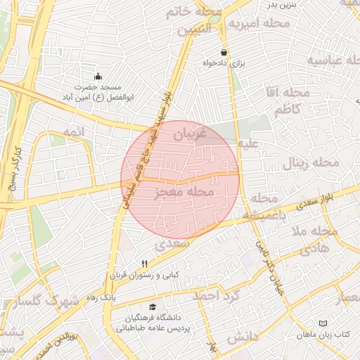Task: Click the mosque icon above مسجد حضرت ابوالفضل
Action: pos(98,76)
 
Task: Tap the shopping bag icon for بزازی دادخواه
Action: pos(224,52)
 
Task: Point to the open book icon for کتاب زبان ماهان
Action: pos(323,323)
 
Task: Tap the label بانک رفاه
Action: pos(101,298)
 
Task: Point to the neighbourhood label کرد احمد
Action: pos(216,295)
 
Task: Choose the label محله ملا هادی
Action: pos(309,240)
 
